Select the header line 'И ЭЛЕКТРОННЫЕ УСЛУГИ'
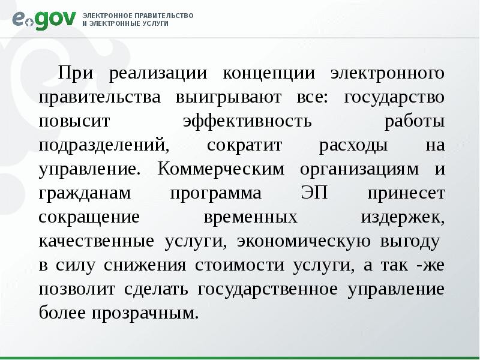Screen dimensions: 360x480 (x=125, y=23)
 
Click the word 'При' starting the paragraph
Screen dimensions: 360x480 (x=74, y=73)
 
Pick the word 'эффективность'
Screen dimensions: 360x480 (x=247, y=121)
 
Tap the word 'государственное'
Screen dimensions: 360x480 (x=264, y=289)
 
